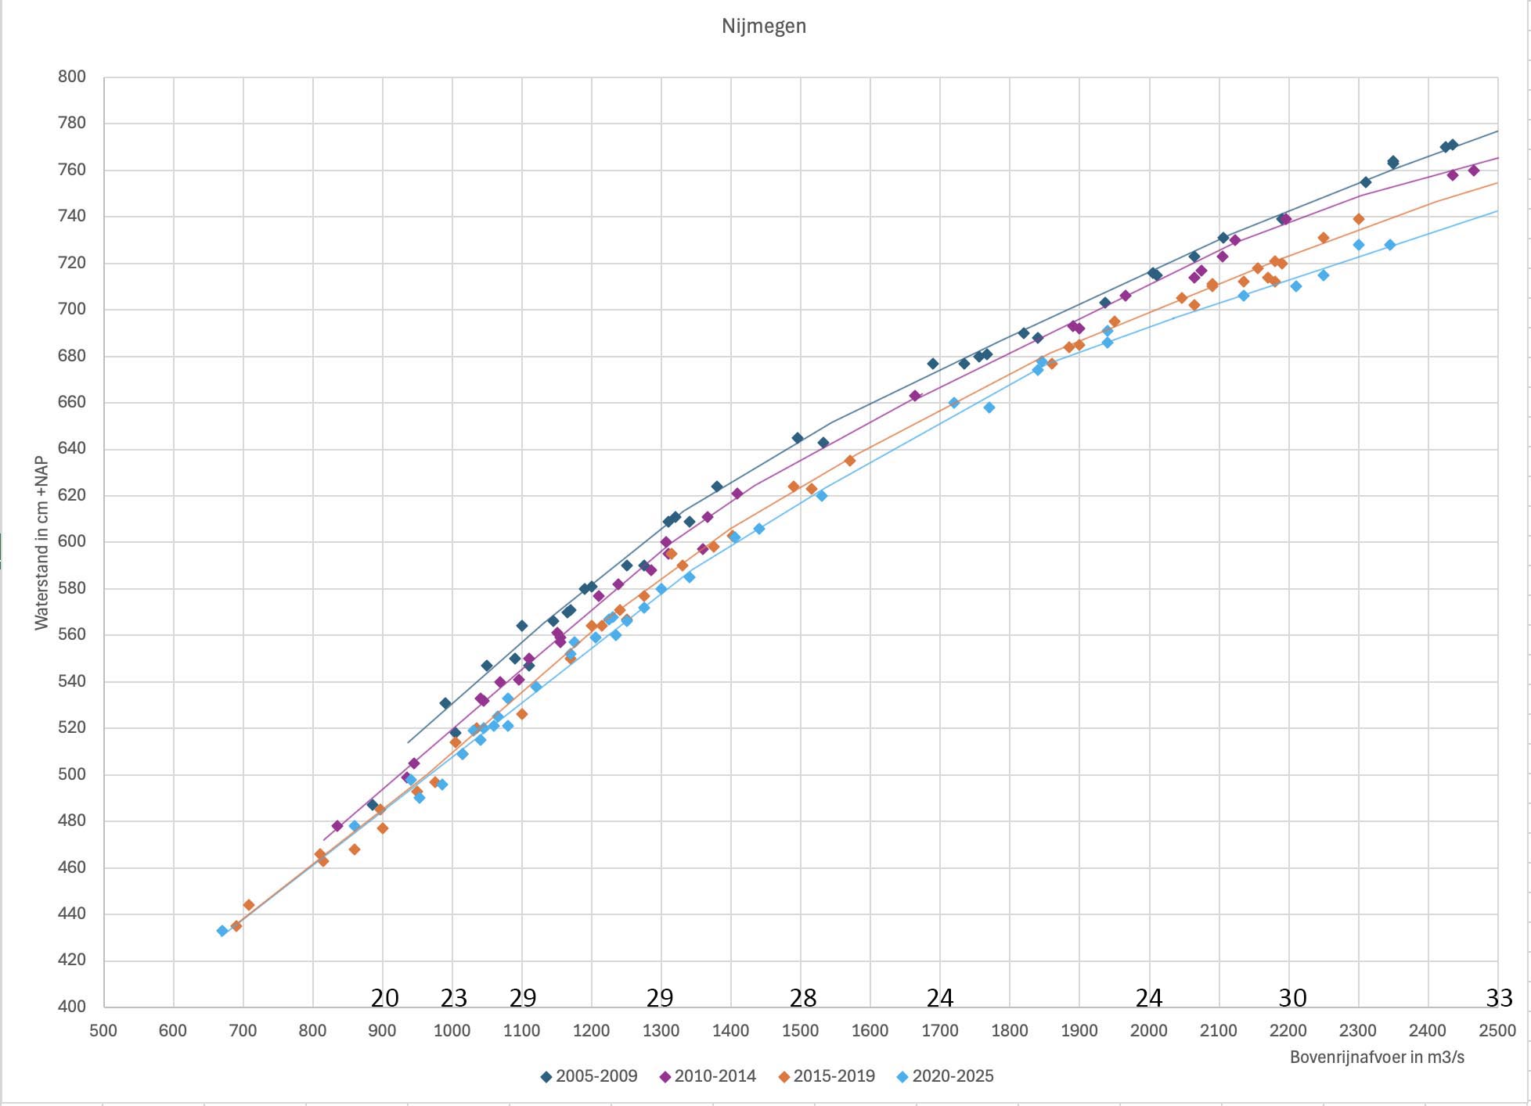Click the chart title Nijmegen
[763, 26]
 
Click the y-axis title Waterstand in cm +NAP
[41, 544]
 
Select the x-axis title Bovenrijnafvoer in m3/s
[1377, 1058]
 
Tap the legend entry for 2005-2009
[589, 1076]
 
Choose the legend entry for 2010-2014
[708, 1076]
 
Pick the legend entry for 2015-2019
[827, 1076]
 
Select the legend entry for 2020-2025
[946, 1076]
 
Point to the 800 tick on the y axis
[71, 77]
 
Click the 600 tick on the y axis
[71, 541]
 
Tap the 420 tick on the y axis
[71, 960]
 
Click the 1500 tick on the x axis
[800, 1030]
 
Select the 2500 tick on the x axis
[1497, 1030]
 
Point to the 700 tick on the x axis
[243, 1030]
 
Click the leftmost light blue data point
[222, 931]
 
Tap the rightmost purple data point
[1473, 171]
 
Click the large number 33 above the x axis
[1499, 998]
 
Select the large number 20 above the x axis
[384, 998]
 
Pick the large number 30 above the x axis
[1292, 998]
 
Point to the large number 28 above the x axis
[803, 998]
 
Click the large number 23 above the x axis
[453, 998]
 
